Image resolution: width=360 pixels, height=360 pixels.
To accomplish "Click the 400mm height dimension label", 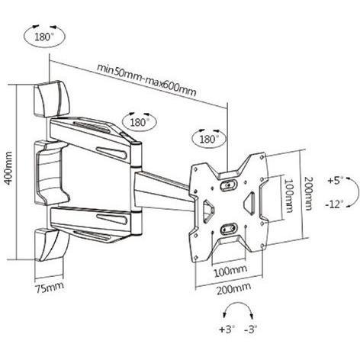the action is click(8, 168).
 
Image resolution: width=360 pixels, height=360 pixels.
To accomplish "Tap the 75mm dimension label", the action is click(50, 288).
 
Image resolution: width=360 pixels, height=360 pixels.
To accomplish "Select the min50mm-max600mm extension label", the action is click(146, 79).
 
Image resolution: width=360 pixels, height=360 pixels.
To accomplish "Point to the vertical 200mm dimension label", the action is click(308, 193).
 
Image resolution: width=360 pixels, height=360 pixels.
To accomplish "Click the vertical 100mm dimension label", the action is click(288, 195).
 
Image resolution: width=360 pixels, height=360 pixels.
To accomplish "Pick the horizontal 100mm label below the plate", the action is click(230, 272).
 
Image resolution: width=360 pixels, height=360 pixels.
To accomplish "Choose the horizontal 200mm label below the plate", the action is click(233, 288).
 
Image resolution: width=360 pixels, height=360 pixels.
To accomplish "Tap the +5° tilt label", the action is click(336, 181).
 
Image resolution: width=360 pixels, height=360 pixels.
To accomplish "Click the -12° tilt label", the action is click(334, 204).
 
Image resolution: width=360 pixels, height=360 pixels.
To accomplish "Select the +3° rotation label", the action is click(227, 329).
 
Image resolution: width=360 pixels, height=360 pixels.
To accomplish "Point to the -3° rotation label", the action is click(251, 329).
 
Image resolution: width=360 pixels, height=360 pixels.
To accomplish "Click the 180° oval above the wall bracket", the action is click(44, 37).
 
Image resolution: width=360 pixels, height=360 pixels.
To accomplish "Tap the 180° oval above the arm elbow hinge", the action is click(140, 123).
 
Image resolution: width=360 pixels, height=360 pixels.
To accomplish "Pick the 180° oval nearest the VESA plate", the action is click(209, 140).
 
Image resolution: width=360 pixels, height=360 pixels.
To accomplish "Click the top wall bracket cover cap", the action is click(52, 98).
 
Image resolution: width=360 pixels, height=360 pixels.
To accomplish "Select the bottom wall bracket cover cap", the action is click(51, 245).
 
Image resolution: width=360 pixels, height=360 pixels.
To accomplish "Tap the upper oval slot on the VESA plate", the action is click(229, 185).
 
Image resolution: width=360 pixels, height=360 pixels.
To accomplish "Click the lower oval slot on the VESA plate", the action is click(229, 228).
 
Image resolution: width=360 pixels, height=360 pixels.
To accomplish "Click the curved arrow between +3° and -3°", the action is click(238, 303).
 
